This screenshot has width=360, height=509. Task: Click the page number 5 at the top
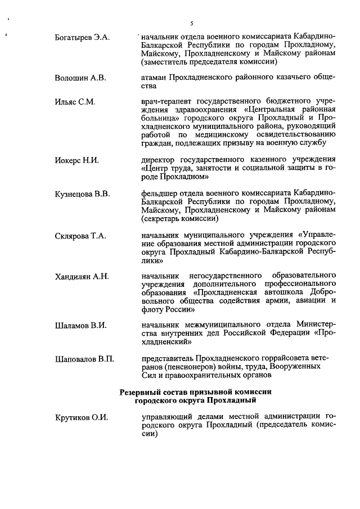coord(192,23)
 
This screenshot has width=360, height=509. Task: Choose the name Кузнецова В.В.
coord(83,194)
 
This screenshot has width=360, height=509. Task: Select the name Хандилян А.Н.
coord(82,276)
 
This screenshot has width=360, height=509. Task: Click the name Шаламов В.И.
coord(79,325)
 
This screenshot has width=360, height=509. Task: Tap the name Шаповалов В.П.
coord(84,358)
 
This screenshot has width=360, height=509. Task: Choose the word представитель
coord(167,358)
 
